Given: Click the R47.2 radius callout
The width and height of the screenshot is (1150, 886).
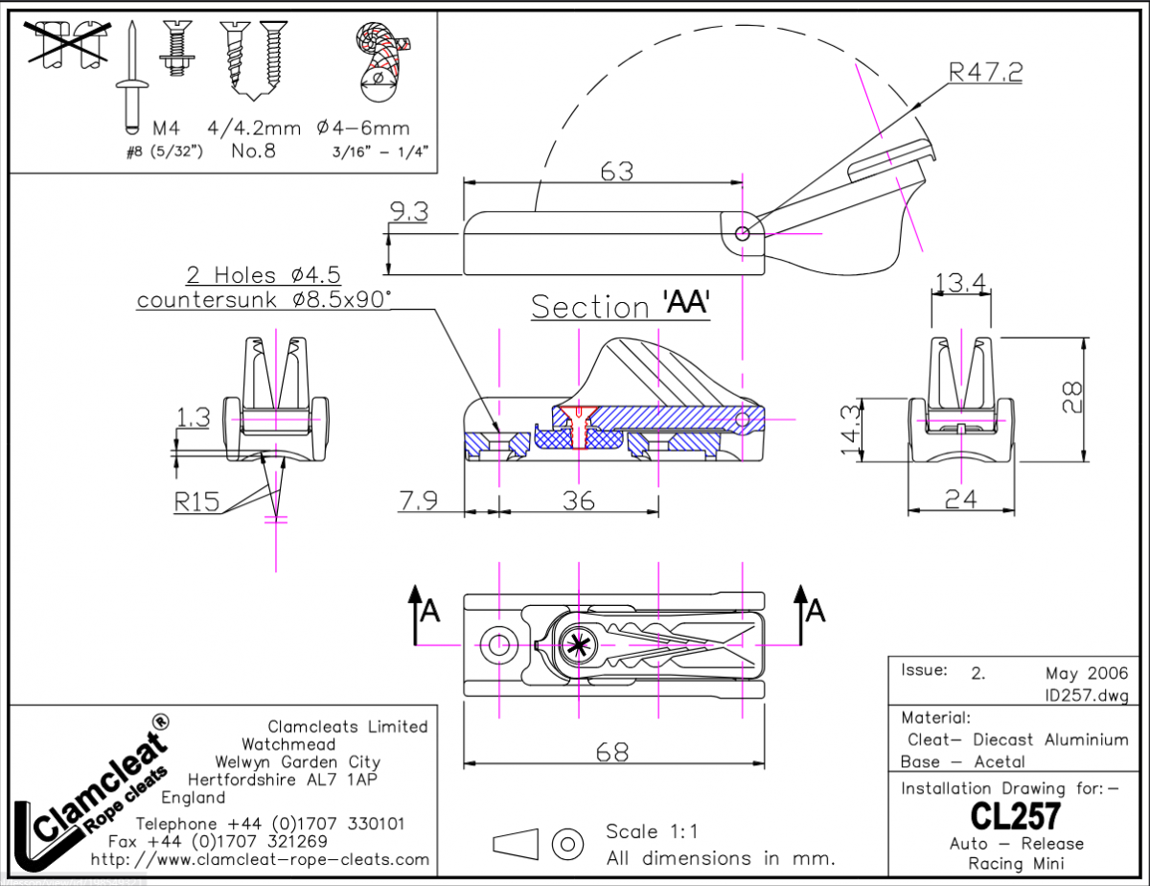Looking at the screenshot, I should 984,72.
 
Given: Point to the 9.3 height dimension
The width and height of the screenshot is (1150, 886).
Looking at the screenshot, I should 409,213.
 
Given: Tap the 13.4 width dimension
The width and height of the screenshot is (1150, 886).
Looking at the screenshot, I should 961,283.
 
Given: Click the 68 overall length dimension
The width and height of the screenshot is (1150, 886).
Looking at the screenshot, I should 612,753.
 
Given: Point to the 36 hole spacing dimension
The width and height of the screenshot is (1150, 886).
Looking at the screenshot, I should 579,501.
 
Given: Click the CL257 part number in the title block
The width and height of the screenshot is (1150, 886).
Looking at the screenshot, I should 1015,817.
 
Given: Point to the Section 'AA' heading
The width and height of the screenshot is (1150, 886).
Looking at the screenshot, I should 619,306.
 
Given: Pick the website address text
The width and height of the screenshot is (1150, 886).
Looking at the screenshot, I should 260,858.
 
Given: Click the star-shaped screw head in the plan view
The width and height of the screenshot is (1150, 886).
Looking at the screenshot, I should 578,645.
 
